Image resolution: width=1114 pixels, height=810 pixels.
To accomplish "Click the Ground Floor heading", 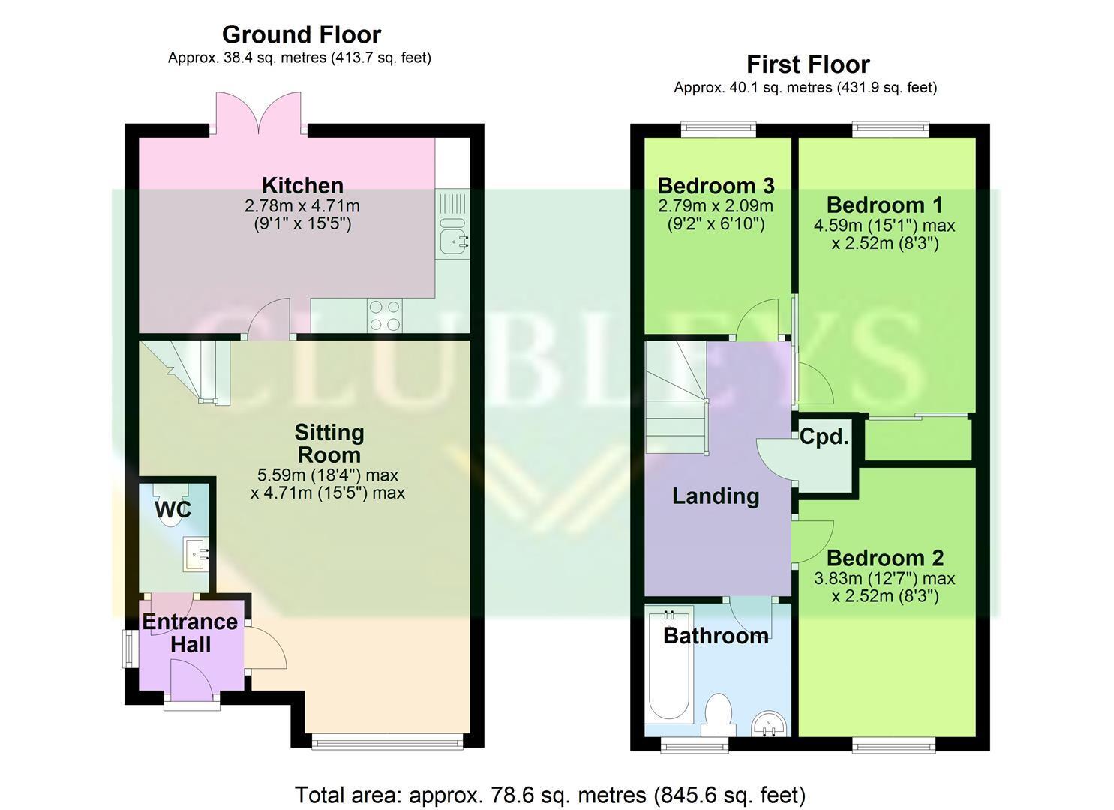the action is pyautogui.click(x=302, y=34).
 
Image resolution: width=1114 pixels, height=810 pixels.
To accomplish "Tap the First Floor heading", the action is pyautogui.click(x=808, y=64).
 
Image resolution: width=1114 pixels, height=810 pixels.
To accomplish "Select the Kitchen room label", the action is pyautogui.click(x=302, y=185).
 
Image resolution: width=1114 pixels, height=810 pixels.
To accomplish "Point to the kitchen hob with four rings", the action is pyautogui.click(x=385, y=315).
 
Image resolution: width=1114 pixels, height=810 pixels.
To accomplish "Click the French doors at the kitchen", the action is pyautogui.click(x=258, y=113).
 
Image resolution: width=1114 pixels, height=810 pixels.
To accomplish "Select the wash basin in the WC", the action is pyautogui.click(x=197, y=553).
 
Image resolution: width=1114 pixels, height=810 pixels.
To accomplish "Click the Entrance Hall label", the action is pyautogui.click(x=190, y=633).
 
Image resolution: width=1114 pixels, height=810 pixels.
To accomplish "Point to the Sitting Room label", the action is pyautogui.click(x=329, y=443).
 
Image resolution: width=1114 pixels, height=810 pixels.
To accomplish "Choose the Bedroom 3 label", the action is pyautogui.click(x=716, y=186).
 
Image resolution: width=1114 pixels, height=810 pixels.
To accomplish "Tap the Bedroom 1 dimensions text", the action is pyautogui.click(x=884, y=234).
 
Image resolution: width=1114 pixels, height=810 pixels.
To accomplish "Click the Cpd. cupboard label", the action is pyautogui.click(x=824, y=436).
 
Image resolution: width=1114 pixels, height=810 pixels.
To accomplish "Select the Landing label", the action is pyautogui.click(x=716, y=496).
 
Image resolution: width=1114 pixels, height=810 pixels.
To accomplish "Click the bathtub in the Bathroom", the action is pyautogui.click(x=669, y=664).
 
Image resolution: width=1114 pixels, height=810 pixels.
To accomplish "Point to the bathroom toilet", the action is pyautogui.click(x=718, y=715).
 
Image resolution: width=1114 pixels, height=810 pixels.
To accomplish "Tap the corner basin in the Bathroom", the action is pyautogui.click(x=770, y=724).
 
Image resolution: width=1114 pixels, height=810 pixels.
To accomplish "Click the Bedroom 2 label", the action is pyautogui.click(x=884, y=559).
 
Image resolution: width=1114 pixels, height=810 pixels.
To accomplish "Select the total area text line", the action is pyautogui.click(x=550, y=795).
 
